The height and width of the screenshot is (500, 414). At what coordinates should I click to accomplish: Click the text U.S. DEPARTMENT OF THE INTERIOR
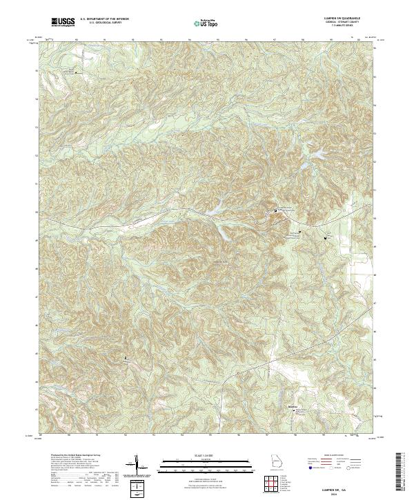point(104,21)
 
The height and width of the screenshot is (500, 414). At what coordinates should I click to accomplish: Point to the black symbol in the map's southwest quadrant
point(126,358)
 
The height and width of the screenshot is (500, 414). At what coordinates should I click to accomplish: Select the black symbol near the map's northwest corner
point(76,71)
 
